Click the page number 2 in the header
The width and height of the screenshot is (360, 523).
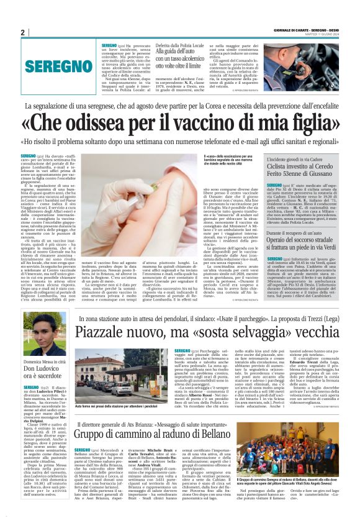[22, 32]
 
